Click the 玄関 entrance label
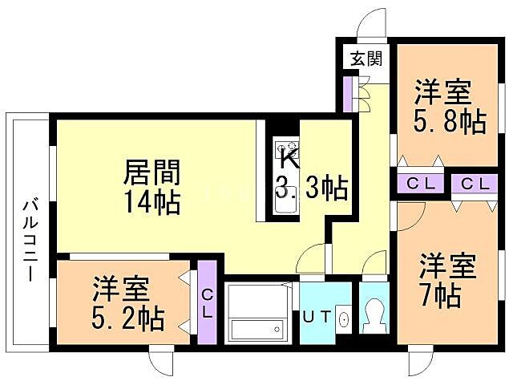click(365, 58)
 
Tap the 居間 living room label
click(151, 172)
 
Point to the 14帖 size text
click(151, 201)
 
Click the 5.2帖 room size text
click(129, 318)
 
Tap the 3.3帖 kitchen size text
click(313, 189)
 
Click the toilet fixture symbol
click(373, 315)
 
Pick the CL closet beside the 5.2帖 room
click(207, 302)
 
